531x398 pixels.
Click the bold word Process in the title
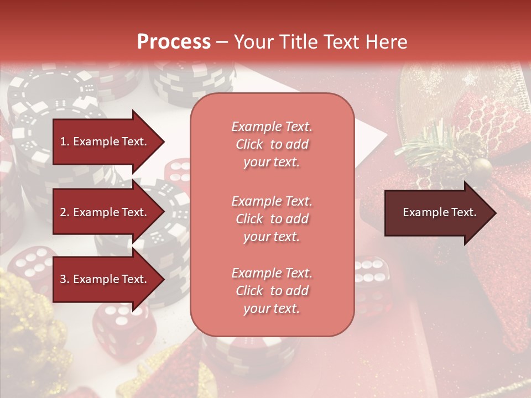click(174, 42)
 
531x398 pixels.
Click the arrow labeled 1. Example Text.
click(105, 142)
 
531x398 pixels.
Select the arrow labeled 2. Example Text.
click(105, 212)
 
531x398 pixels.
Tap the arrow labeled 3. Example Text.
click(105, 279)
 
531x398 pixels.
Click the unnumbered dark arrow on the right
click(437, 213)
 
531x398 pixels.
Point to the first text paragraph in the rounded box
click(272, 144)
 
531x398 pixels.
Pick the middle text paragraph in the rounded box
click(272, 219)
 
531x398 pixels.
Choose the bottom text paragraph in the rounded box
click(272, 291)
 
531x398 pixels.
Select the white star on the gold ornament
click(470, 79)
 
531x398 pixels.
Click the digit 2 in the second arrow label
click(63, 212)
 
